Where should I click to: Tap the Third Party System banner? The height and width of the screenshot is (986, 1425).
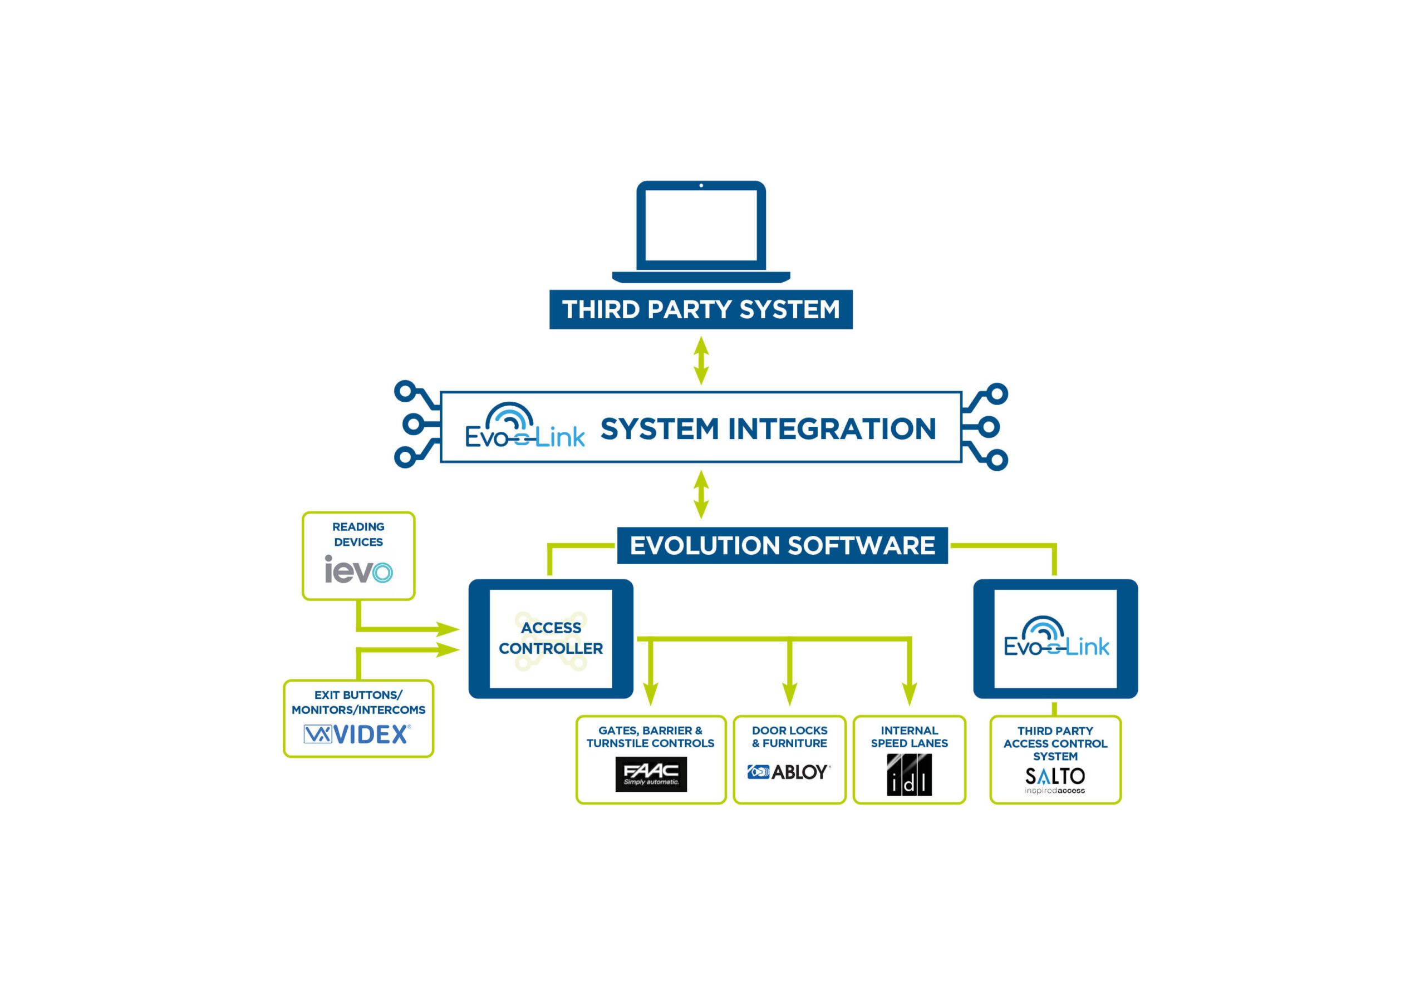[x=701, y=309]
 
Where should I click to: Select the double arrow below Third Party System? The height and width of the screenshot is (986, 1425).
[x=701, y=360]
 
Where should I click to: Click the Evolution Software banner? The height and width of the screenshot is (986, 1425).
[x=782, y=545]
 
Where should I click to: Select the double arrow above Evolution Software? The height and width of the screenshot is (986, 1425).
[x=701, y=494]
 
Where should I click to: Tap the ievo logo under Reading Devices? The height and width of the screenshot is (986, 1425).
[x=358, y=570]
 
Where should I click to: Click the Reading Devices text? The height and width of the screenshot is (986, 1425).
[x=358, y=534]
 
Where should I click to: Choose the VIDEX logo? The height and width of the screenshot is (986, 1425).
[x=357, y=734]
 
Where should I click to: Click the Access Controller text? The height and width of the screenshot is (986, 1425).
[x=551, y=638]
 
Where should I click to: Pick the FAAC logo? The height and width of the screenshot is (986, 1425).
[x=651, y=774]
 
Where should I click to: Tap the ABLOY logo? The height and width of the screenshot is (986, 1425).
[x=789, y=772]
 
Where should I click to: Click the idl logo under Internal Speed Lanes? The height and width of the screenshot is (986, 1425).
[x=909, y=775]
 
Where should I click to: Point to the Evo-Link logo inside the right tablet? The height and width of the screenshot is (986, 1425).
[x=1055, y=638]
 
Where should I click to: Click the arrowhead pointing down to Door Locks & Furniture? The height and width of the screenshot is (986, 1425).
[x=789, y=694]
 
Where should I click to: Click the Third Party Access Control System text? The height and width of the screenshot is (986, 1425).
[x=1055, y=743]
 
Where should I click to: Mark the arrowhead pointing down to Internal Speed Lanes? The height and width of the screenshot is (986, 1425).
[x=909, y=694]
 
